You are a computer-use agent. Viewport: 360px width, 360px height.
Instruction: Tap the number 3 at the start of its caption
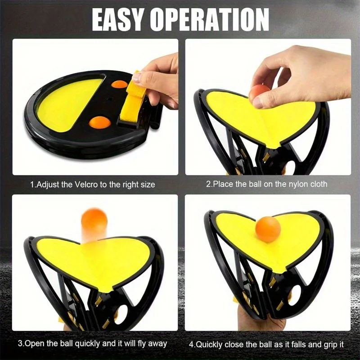click(x=20, y=343)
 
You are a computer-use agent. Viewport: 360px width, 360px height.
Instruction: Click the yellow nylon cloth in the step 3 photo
click(x=97, y=261)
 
